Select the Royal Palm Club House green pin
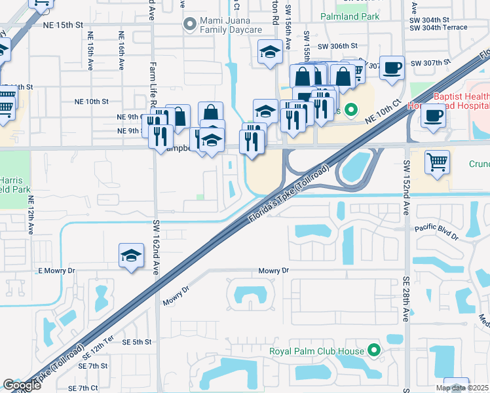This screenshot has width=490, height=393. click(x=374, y=351)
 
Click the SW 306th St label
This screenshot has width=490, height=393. click(x=337, y=47)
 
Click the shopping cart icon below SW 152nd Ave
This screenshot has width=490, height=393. click(x=437, y=161)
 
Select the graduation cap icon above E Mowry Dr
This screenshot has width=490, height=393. click(x=131, y=255)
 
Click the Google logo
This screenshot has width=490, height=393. click(x=22, y=386)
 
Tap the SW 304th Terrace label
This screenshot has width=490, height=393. click(x=445, y=28)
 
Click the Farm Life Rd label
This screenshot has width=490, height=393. click(x=153, y=86)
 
